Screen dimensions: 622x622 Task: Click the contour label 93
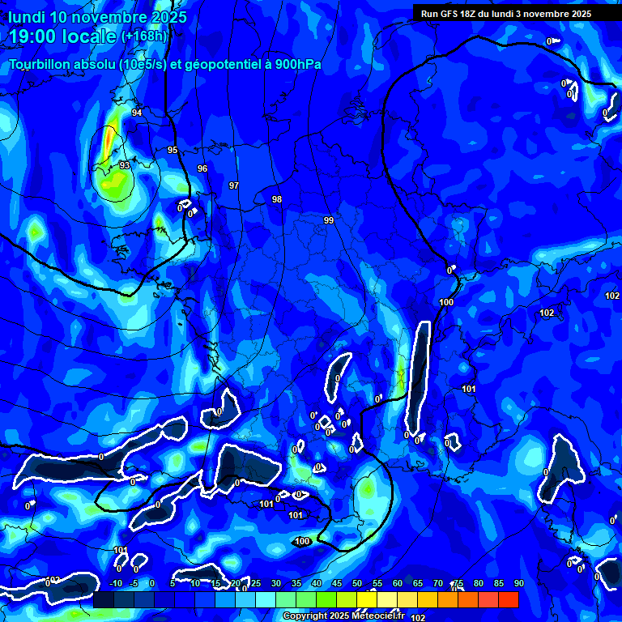tap(124, 165)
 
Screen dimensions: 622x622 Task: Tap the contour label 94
tap(137, 113)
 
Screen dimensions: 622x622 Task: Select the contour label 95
tap(173, 150)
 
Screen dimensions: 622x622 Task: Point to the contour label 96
tap(202, 168)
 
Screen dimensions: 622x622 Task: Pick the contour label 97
tap(234, 185)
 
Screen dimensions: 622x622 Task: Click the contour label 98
tap(277, 199)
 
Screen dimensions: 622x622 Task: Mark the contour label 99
tap(329, 220)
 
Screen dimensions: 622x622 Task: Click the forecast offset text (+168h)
tap(144, 36)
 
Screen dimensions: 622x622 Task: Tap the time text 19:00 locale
tap(62, 36)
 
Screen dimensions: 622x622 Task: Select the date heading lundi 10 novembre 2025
tap(97, 17)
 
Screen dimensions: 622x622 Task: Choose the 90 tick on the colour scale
tap(518, 584)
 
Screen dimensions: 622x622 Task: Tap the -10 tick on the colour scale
tap(115, 584)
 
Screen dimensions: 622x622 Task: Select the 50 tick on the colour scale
tap(357, 584)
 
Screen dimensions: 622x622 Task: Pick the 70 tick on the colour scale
tap(438, 584)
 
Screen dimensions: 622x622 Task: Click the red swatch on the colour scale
tap(508, 599)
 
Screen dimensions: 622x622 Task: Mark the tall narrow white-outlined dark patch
tap(419, 377)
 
